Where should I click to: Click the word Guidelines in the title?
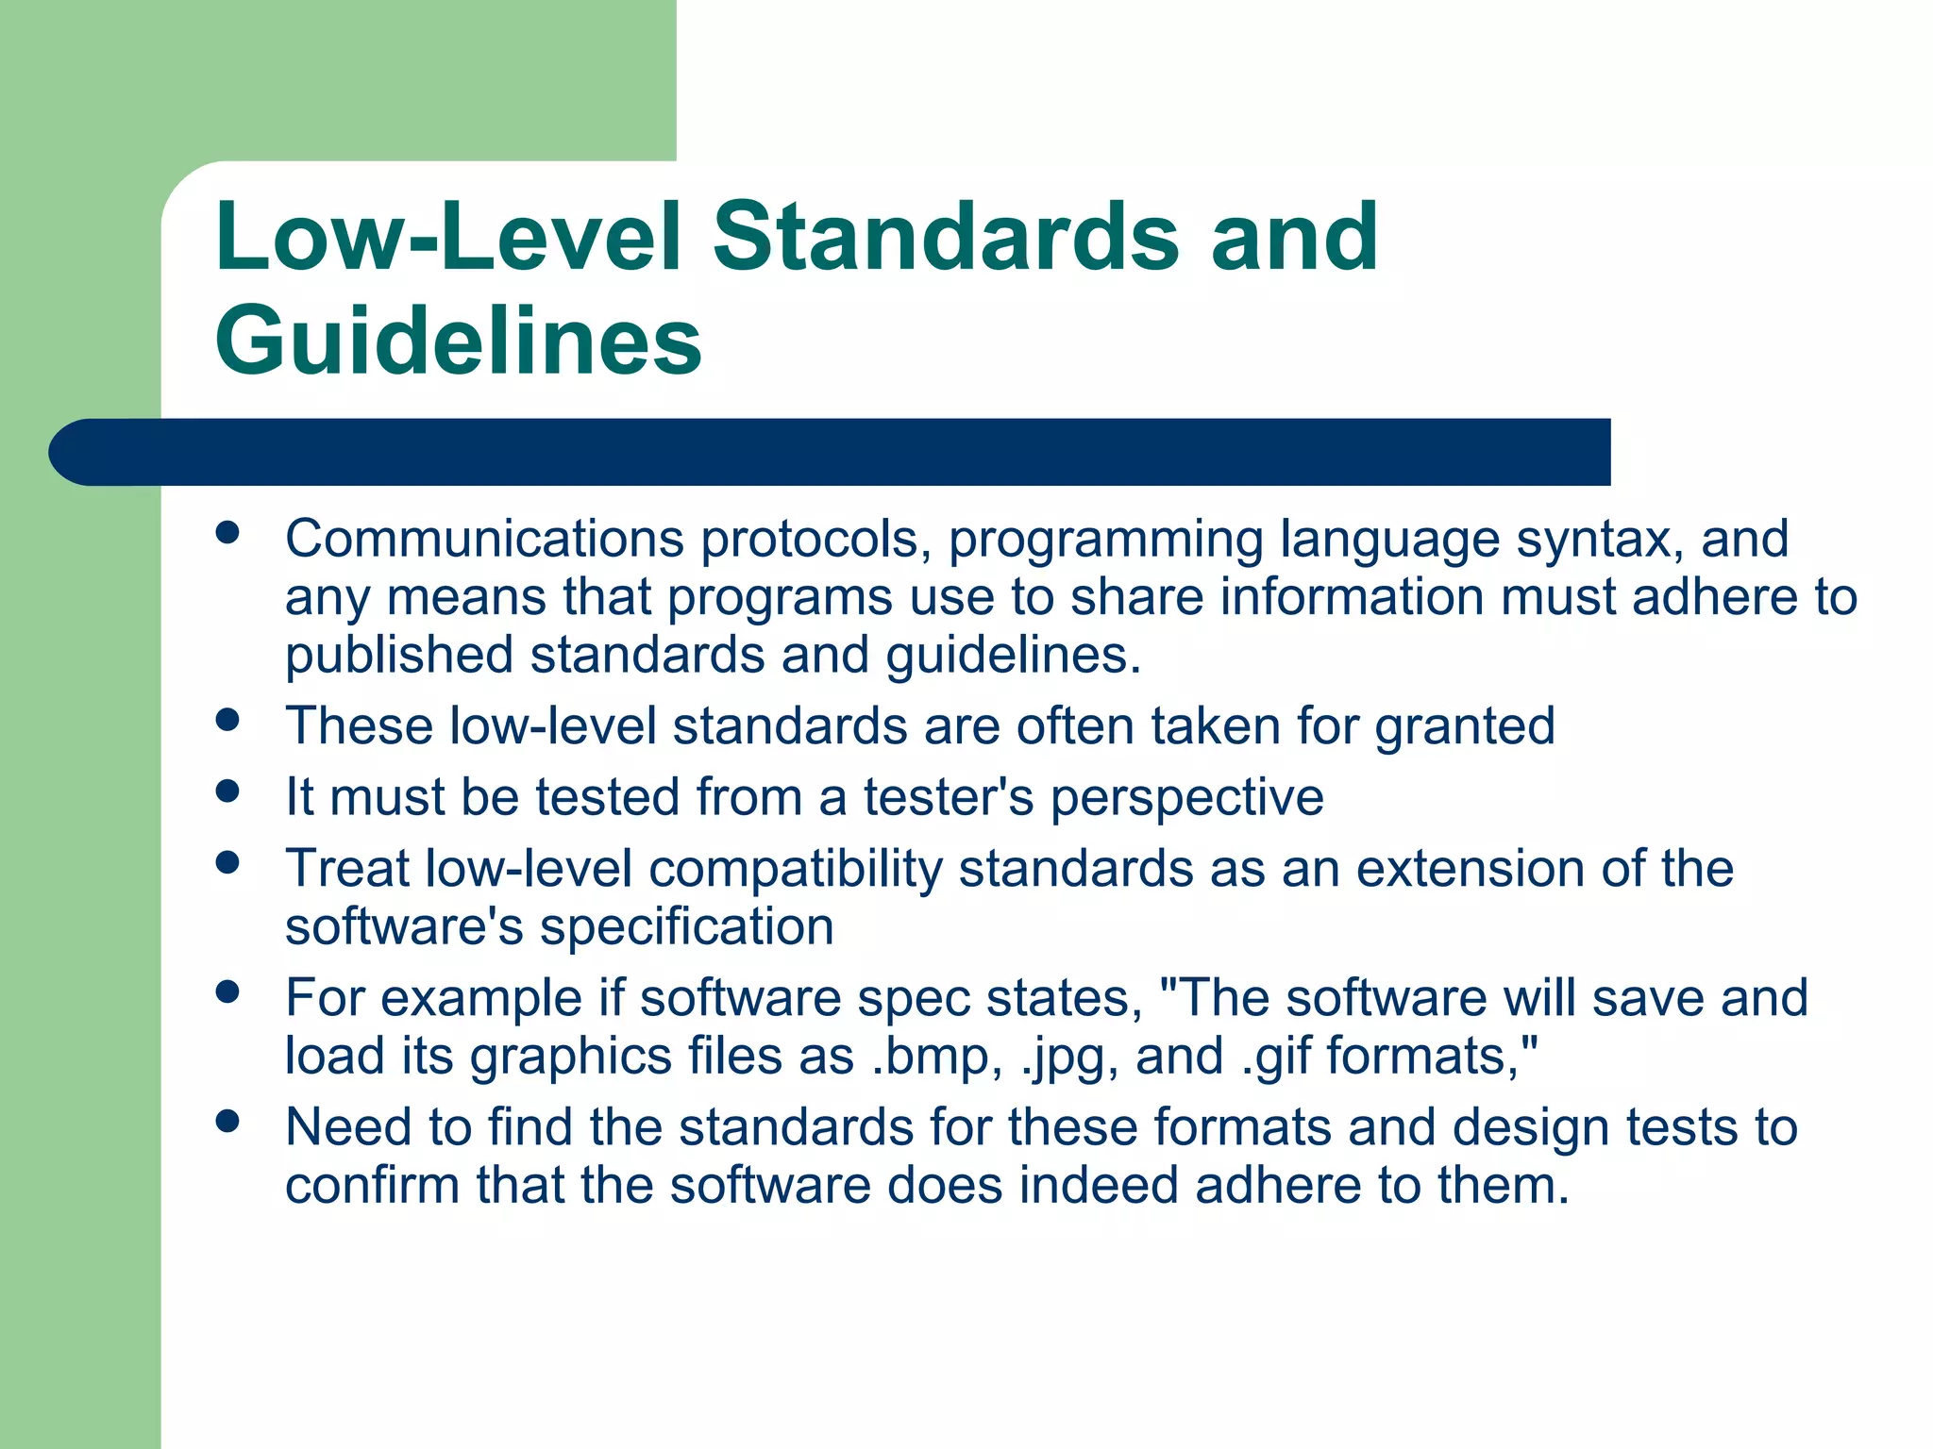pos(459,340)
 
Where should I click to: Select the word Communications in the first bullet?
pos(484,539)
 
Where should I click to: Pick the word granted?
pos(1464,727)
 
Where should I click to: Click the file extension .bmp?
pos(929,1057)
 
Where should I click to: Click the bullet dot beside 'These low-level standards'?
pos(227,721)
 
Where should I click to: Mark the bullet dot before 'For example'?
pos(227,991)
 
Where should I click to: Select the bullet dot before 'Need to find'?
pos(227,1121)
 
